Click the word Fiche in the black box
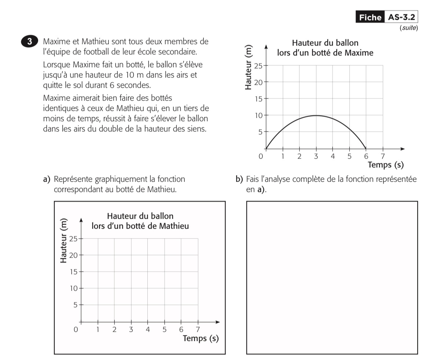pyautogui.click(x=370, y=18)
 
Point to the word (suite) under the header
pyautogui.click(x=408, y=28)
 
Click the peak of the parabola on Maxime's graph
pyautogui.click(x=316, y=116)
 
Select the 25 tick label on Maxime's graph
pyautogui.click(x=258, y=66)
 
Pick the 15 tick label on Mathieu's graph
pyautogui.click(x=73, y=272)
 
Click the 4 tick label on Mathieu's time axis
pyautogui.click(x=148, y=329)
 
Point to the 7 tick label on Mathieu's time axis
pyautogui.click(x=198, y=329)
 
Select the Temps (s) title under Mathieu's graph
pyautogui.click(x=201, y=338)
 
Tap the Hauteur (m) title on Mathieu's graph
pyautogui.click(x=64, y=240)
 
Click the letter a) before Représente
pyautogui.click(x=47, y=179)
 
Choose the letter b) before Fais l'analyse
pyautogui.click(x=239, y=179)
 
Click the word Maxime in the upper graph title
pyautogui.click(x=357, y=53)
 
